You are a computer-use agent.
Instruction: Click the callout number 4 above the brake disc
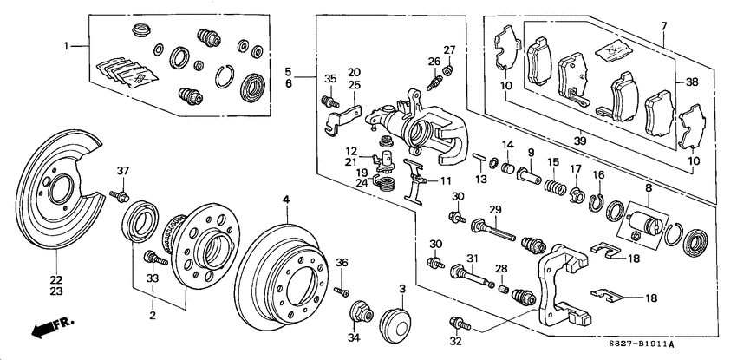(x=284, y=200)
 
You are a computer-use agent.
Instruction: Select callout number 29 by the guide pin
(x=495, y=211)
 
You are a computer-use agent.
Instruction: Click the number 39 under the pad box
(x=578, y=136)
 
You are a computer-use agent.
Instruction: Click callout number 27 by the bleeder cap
(x=449, y=49)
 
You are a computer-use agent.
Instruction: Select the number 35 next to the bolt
(x=329, y=79)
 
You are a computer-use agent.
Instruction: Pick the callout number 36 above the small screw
(x=342, y=263)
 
